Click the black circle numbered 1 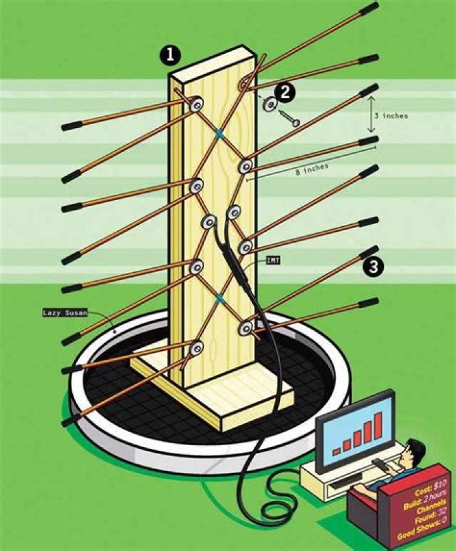tap(170, 56)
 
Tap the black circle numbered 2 tap(286, 92)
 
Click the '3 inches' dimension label tap(391, 116)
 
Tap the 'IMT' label tap(272, 259)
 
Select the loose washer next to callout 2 tap(270, 104)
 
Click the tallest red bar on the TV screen tap(378, 427)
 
